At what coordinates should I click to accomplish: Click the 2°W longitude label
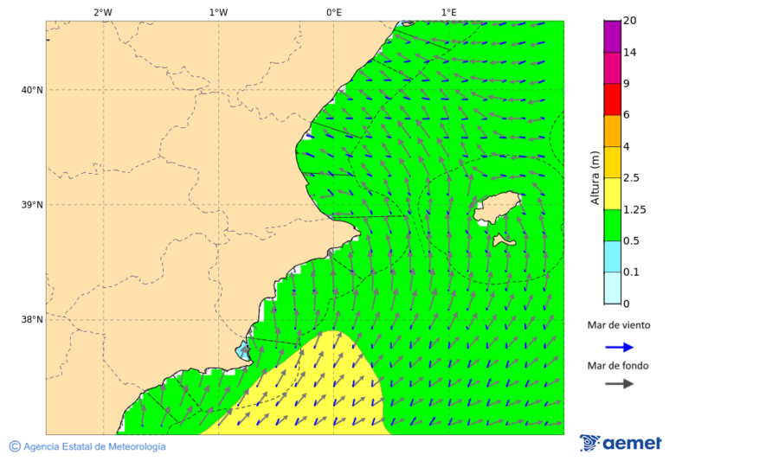pyautogui.click(x=102, y=12)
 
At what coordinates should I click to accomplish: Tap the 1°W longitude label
pyautogui.click(x=218, y=12)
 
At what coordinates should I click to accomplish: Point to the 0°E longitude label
pyautogui.click(x=333, y=12)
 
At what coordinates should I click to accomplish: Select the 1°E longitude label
pyautogui.click(x=448, y=12)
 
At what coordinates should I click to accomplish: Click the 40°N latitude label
pyautogui.click(x=32, y=90)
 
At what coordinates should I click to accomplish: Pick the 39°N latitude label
pyautogui.click(x=32, y=205)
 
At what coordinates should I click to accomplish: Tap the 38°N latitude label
pyautogui.click(x=32, y=320)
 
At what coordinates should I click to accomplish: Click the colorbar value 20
pyautogui.click(x=630, y=21)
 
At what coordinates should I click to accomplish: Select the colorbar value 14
pyautogui.click(x=630, y=53)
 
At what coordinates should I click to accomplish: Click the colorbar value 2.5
pyautogui.click(x=632, y=178)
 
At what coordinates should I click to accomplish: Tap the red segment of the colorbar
pyautogui.click(x=613, y=99)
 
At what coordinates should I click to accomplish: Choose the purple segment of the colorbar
pyautogui.click(x=613, y=36)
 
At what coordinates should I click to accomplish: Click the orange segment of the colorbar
pyautogui.click(x=613, y=131)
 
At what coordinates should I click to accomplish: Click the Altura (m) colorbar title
pyautogui.click(x=595, y=177)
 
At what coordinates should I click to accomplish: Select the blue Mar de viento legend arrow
pyautogui.click(x=619, y=347)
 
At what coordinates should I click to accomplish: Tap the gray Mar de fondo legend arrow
pyautogui.click(x=619, y=385)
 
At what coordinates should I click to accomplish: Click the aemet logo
pyautogui.click(x=621, y=444)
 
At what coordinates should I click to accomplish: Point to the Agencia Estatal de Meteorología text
pyautogui.click(x=93, y=447)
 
